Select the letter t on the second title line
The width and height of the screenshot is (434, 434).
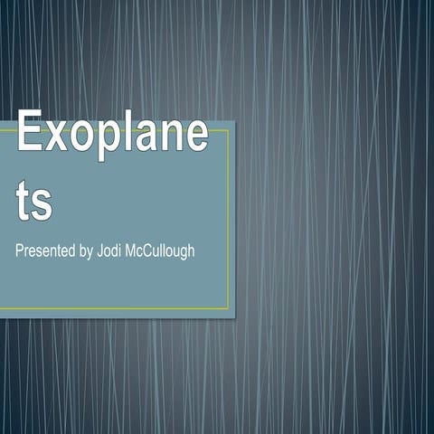click(24, 203)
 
